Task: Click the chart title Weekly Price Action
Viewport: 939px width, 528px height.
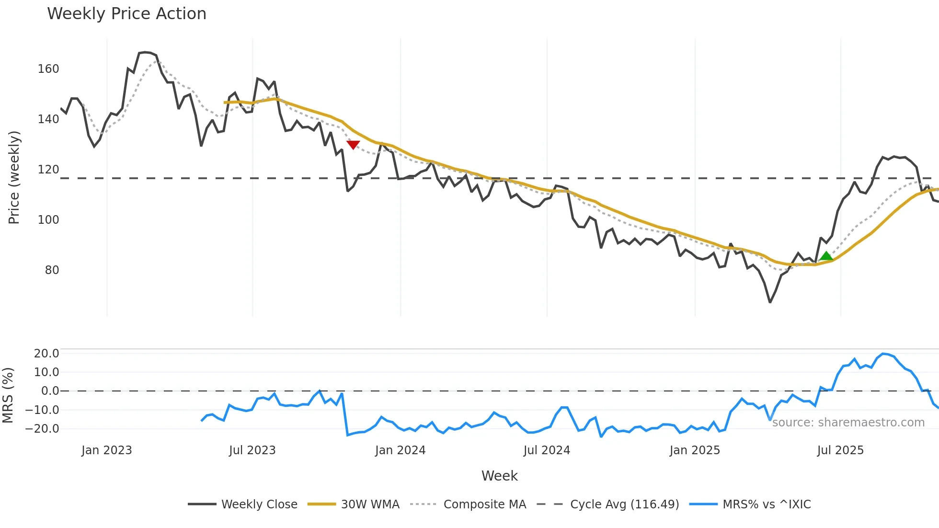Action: point(126,14)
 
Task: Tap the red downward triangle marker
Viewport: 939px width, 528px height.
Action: point(353,145)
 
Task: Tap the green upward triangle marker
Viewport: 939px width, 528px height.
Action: point(826,256)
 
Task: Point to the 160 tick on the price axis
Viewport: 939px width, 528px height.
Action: point(48,69)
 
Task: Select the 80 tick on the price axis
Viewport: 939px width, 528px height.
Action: point(52,270)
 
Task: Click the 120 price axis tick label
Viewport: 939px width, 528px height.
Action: point(48,170)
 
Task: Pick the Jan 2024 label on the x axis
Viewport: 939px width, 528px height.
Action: point(400,450)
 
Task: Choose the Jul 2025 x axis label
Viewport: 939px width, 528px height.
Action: point(840,450)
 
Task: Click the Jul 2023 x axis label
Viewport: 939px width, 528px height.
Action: point(252,450)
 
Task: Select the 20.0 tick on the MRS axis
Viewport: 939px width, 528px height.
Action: point(46,354)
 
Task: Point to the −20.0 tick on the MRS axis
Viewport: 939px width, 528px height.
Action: point(43,429)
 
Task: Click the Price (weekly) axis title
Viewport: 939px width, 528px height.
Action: point(14,177)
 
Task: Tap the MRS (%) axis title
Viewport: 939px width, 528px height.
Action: point(8,395)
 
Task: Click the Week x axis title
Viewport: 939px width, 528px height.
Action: point(499,476)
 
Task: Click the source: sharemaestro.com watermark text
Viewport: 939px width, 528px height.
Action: point(848,423)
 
